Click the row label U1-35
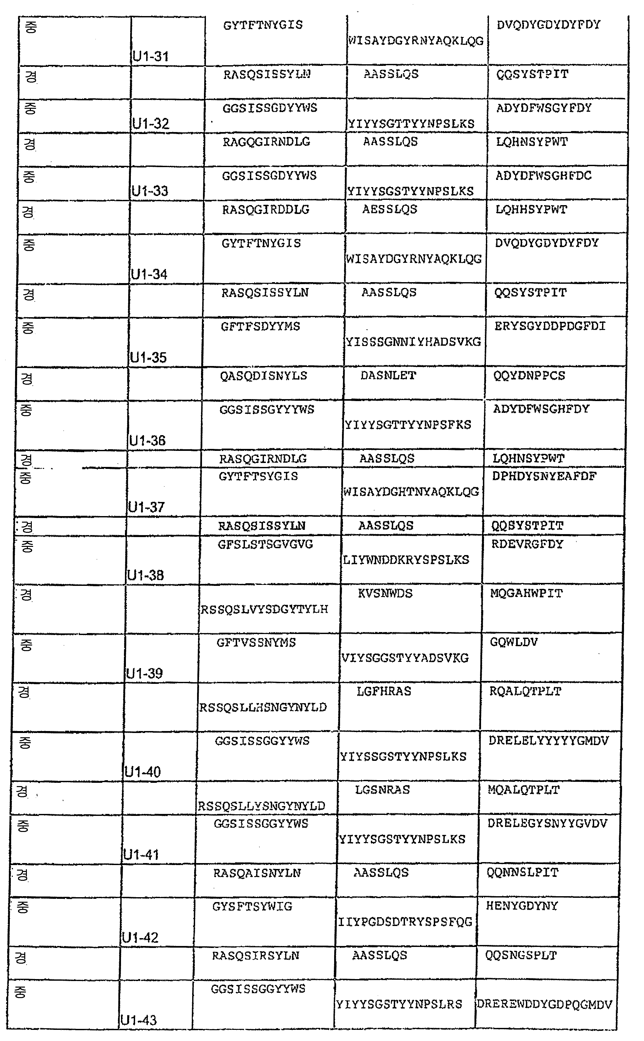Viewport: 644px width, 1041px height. tap(149, 357)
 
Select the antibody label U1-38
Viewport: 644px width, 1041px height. tap(146, 575)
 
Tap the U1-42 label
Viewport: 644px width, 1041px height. tap(140, 937)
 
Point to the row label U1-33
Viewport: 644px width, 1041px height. tap(150, 191)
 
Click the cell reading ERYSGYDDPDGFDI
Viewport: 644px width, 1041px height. tap(550, 326)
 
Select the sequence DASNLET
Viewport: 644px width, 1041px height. tap(388, 376)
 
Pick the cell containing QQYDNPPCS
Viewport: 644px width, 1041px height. tap(529, 376)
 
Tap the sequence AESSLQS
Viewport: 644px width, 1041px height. tap(390, 209)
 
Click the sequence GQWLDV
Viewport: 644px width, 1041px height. tap(514, 642)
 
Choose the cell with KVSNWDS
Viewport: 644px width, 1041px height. tap(385, 593)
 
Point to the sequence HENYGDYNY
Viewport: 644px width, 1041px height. tap(522, 906)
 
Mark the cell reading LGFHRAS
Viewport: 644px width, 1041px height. tap(384, 691)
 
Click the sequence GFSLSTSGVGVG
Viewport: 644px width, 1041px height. tap(265, 544)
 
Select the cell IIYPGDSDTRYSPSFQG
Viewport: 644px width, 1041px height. tap(405, 922)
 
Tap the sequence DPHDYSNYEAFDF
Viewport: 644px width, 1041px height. tap(544, 476)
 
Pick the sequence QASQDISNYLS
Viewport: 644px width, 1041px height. tap(264, 376)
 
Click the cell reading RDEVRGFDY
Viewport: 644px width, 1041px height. tap(527, 544)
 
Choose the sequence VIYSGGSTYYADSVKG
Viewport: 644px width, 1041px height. tap(405, 658)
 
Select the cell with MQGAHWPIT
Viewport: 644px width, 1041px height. tap(526, 593)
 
